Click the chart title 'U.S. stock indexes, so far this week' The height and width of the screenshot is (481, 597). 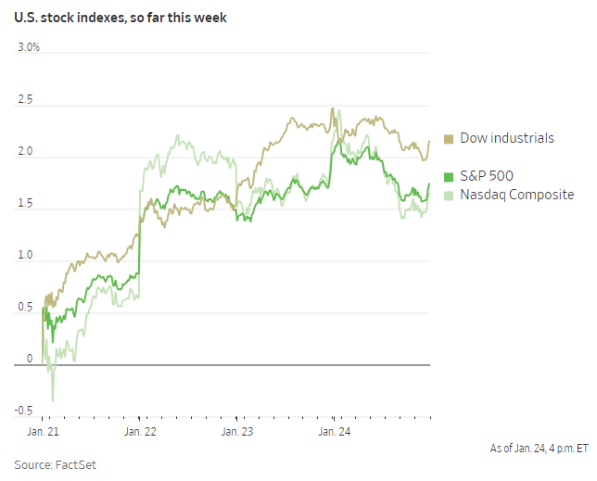[121, 18]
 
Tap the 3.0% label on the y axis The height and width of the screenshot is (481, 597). [28, 47]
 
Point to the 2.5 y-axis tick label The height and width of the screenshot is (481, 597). [24, 99]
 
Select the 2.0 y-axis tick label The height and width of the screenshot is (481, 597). [24, 151]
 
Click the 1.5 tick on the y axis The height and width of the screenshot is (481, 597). [24, 203]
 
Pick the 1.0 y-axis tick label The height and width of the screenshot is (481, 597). [24, 255]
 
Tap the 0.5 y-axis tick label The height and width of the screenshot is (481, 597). [24, 307]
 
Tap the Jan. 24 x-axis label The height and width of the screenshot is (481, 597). [334, 431]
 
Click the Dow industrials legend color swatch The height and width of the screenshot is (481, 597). [450, 138]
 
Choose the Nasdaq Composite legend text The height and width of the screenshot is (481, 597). [517, 195]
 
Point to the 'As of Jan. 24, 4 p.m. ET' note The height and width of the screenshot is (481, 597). [539, 448]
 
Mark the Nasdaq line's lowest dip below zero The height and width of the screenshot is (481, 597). [52, 399]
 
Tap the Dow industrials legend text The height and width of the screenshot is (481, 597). [507, 138]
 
